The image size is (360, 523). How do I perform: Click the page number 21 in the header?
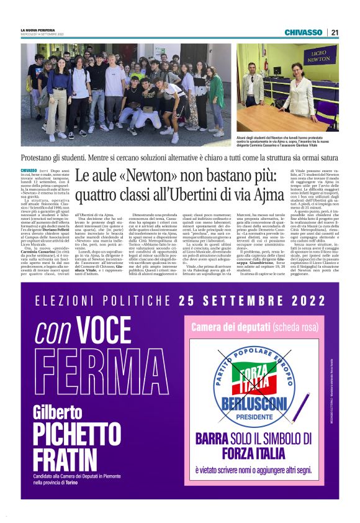click(x=335, y=32)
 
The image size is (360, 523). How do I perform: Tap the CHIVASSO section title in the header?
click(x=304, y=32)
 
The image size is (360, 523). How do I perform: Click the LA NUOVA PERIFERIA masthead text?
click(x=38, y=30)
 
